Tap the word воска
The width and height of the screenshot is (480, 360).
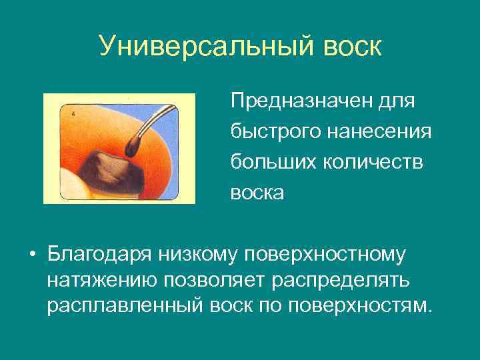coord(257,193)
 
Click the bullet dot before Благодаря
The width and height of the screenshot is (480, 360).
coord(31,256)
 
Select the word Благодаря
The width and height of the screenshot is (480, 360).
coord(100,255)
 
